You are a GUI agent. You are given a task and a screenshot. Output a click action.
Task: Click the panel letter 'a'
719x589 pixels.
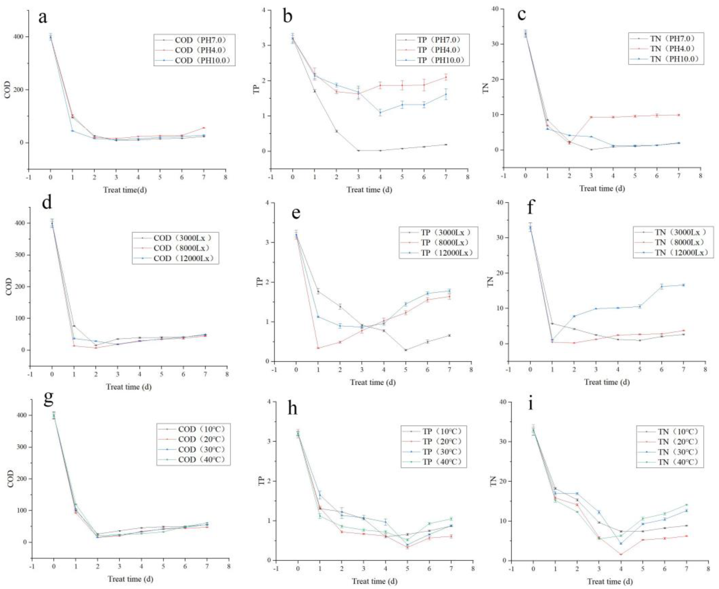coord(43,17)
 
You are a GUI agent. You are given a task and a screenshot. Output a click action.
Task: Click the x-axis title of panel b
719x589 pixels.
coord(369,190)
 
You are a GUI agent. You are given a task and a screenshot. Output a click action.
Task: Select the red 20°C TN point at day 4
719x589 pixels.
coord(621,555)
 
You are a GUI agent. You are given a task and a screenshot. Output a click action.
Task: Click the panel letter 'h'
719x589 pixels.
coord(292,408)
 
